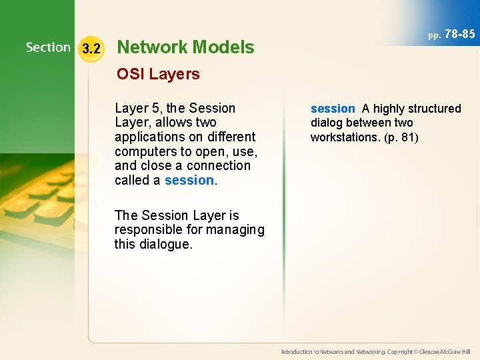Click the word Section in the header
coord(48,47)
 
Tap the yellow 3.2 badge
coord(91,48)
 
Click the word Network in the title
coord(152,47)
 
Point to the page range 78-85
coord(459,33)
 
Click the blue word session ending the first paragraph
coord(189,180)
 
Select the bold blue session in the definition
coord(333,108)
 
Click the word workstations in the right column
coord(344,137)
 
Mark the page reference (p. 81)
coord(400,137)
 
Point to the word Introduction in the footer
coord(299,351)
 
